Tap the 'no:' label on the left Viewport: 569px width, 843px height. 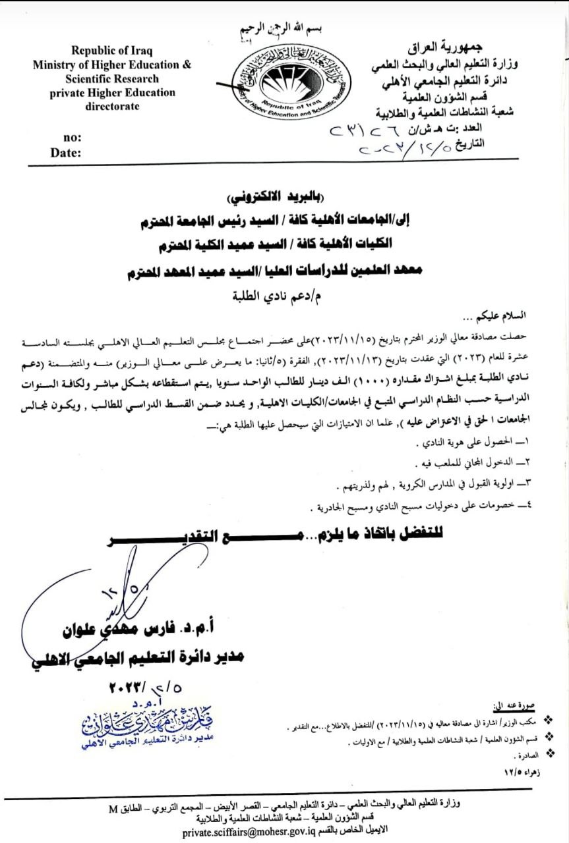coord(72,138)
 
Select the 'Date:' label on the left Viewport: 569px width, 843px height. coord(67,153)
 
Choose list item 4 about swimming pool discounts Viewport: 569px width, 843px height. coord(429,507)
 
